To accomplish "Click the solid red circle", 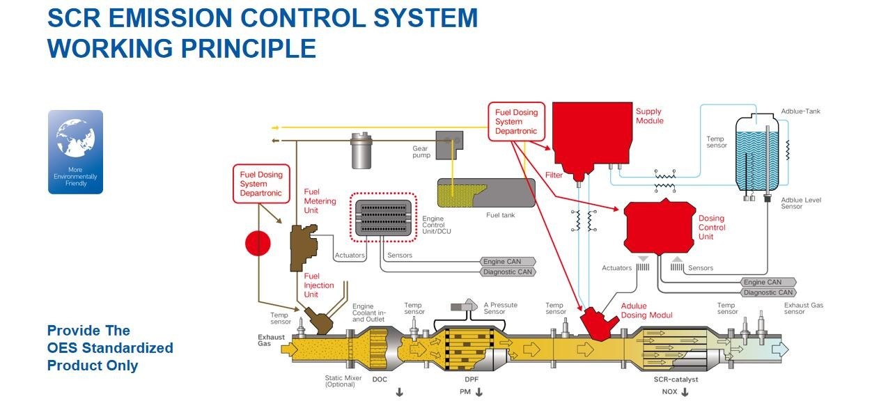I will pos(258,243).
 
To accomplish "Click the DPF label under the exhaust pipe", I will pos(472,379).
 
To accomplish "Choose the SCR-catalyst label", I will pos(676,379).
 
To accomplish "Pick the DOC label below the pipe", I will pos(380,379).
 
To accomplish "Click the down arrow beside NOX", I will pos(685,393).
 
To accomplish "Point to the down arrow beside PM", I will pos(478,393).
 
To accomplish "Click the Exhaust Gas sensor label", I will pos(804,308).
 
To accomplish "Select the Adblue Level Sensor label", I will pos(801,203).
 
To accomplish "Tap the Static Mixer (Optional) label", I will pos(341,382).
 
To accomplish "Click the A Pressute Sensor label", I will pos(501,308).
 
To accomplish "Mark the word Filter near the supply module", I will pos(554,175).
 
